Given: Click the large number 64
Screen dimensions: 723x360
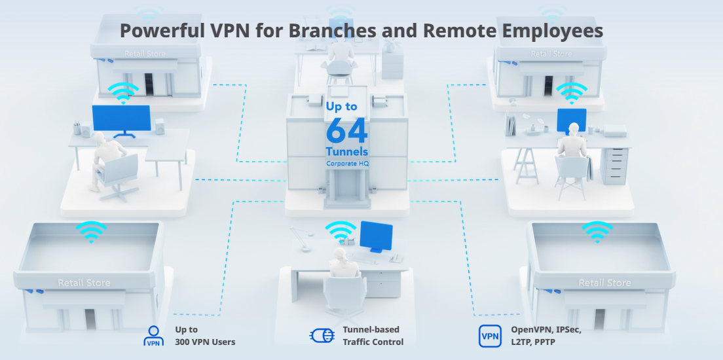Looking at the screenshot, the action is point(346,130).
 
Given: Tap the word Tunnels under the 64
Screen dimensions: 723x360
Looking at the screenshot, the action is point(346,152).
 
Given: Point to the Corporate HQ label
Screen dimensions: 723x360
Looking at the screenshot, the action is point(348,163).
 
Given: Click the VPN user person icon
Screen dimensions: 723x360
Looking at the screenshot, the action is point(153,336).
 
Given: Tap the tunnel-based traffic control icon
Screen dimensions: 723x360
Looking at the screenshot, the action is point(322,335).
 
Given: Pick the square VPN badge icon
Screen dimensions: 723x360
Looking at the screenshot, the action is point(490,336).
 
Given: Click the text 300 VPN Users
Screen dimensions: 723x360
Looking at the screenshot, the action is point(205,342).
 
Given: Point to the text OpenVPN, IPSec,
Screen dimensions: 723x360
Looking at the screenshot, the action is point(546,330).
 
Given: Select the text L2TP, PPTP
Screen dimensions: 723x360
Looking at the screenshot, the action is point(533,342).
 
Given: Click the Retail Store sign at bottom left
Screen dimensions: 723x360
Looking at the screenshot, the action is point(84,283).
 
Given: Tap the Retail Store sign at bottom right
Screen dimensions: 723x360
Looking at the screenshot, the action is point(604,283).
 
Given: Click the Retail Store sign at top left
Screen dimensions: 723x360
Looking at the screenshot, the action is point(145,54).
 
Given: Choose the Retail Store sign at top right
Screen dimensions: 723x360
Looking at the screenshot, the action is point(551,54).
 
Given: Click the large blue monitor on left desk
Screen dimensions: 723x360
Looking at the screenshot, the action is point(121,118).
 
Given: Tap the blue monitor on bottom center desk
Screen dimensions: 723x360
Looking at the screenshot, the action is point(376,236).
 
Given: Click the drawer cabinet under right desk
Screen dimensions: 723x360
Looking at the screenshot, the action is point(614,166).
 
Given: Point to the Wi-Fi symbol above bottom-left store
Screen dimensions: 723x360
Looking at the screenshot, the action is point(91,231).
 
